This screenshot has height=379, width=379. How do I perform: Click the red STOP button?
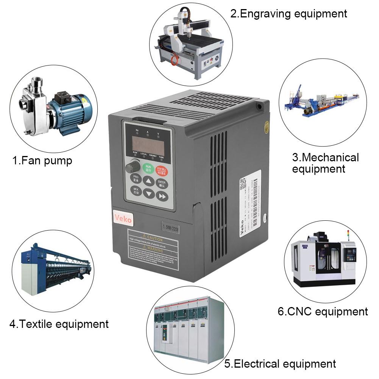click(162, 169)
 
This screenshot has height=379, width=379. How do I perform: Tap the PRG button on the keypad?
click(136, 178)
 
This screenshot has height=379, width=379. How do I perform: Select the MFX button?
click(136, 190)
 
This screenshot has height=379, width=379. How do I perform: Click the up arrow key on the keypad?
click(149, 181)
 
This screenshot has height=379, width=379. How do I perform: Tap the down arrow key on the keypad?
click(150, 194)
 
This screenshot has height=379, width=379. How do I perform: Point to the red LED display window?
click(148, 144)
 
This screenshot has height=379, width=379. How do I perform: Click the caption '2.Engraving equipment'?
click(289, 14)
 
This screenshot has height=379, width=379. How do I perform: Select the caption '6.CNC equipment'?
click(323, 312)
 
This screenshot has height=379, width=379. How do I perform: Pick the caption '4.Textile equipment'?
click(59, 324)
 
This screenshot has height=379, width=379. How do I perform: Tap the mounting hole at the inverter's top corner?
click(259, 106)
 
